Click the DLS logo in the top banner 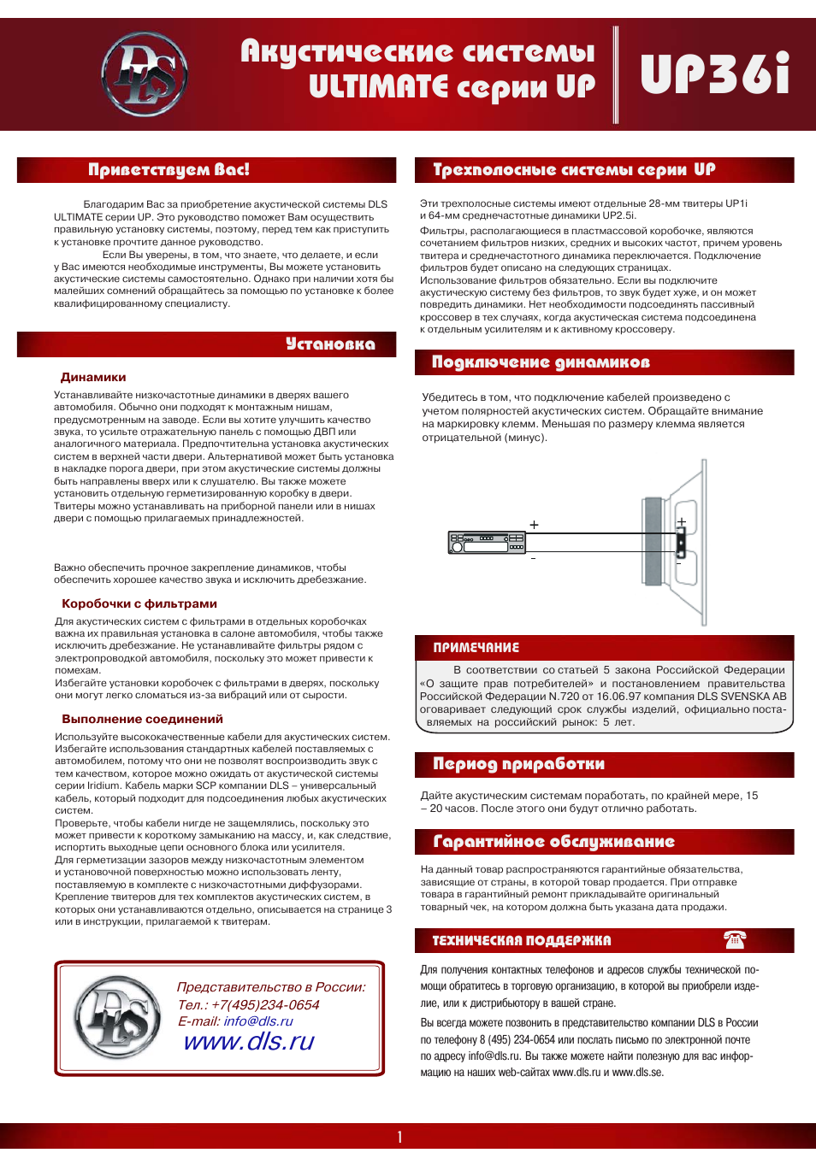click(x=145, y=74)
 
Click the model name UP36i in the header click(x=714, y=74)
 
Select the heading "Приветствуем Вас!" click(x=169, y=170)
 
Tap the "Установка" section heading click(x=330, y=344)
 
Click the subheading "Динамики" click(x=93, y=377)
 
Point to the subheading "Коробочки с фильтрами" click(x=139, y=603)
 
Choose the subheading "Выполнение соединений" click(x=142, y=719)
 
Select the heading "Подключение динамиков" click(x=541, y=362)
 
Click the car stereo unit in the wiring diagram click(x=487, y=543)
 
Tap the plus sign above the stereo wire click(x=534, y=525)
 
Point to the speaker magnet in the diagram click(x=653, y=541)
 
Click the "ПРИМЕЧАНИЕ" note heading click(x=476, y=648)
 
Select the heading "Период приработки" click(x=518, y=764)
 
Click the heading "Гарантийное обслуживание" click(x=553, y=842)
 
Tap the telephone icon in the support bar click(x=735, y=940)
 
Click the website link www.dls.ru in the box click(x=249, y=1041)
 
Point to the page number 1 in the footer click(x=399, y=1137)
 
